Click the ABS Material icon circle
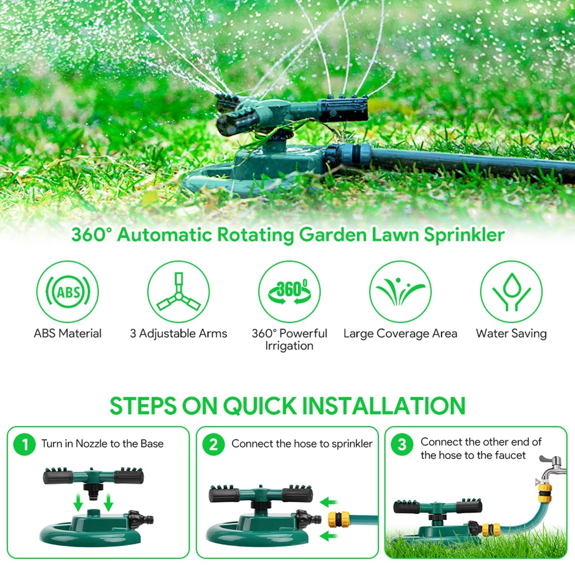(x=67, y=292)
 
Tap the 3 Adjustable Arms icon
(x=178, y=292)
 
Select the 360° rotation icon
(x=289, y=292)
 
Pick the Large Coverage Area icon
(x=400, y=292)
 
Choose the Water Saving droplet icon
(x=511, y=292)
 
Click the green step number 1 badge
(x=25, y=444)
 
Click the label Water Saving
(x=511, y=333)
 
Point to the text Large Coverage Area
(x=400, y=333)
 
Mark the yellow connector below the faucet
(x=545, y=493)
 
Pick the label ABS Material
(x=67, y=333)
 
